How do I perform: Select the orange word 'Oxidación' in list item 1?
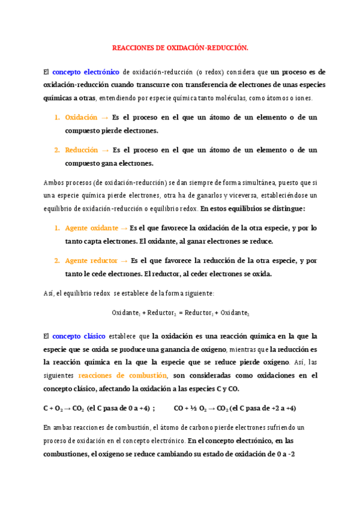tap(81, 118)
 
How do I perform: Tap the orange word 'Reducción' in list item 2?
tap(81, 150)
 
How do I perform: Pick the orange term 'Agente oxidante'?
tap(92, 228)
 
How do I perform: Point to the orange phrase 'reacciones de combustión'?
tap(122, 375)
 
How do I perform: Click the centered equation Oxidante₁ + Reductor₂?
tap(180, 313)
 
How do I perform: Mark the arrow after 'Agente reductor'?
tap(124, 261)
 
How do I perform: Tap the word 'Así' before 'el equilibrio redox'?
tap(49, 293)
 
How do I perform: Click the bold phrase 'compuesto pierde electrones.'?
tap(112, 130)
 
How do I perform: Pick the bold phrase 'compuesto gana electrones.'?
tap(109, 163)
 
